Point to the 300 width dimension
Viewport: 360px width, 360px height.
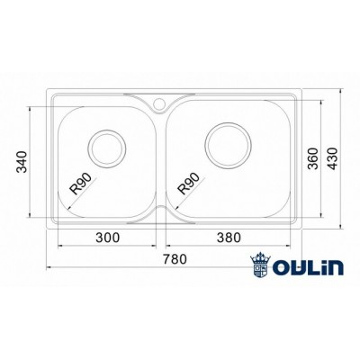107,238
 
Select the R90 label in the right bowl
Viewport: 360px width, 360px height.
190,183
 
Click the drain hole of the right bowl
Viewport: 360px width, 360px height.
226,142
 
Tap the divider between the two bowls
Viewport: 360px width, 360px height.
162,157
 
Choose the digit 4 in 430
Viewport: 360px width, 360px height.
334,168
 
